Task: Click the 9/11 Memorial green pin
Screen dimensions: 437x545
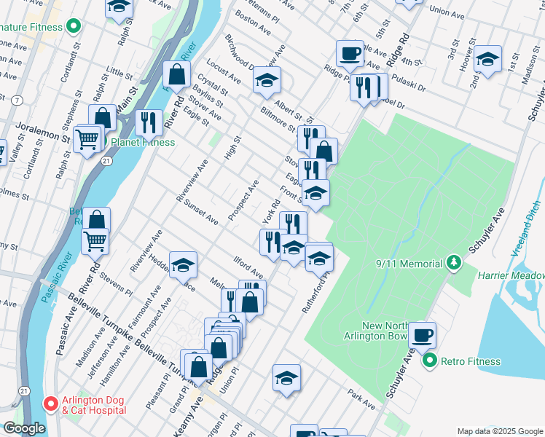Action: tap(453, 261)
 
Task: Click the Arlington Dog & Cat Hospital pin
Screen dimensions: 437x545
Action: tap(51, 403)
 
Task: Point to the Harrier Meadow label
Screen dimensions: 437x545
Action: tap(511, 276)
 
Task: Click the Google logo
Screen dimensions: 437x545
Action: tap(24, 428)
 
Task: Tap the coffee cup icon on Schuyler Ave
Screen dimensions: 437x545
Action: tap(422, 335)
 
